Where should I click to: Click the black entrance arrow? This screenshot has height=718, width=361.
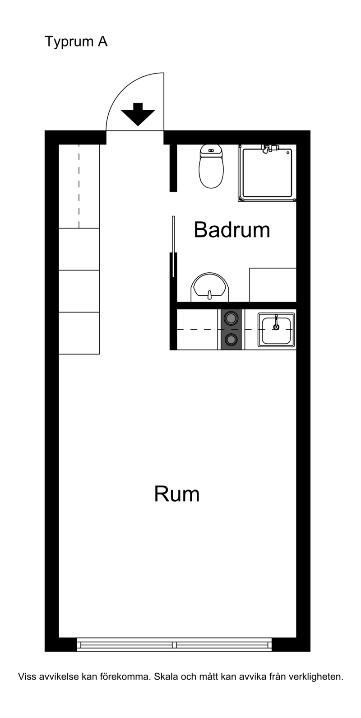coord(138,114)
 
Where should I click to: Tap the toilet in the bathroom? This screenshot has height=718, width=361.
coord(211,166)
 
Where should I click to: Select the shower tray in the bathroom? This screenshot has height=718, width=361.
coord(267,173)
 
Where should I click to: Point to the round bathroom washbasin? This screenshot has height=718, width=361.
coord(210,287)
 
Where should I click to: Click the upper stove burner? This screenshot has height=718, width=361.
coord(231,318)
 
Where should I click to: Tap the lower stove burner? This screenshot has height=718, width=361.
coord(231,339)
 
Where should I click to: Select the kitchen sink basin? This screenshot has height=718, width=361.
coord(276,330)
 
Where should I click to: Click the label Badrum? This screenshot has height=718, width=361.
coord(232,230)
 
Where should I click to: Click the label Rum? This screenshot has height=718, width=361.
coord(177,494)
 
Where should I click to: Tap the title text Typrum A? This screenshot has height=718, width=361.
coord(76,42)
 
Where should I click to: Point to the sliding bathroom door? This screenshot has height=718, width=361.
coord(173,246)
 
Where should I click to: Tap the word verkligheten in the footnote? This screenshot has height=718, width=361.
coord(316,676)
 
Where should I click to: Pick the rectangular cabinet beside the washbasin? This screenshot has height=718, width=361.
coord(273,284)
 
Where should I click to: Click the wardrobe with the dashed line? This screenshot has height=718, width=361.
coord(79,186)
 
